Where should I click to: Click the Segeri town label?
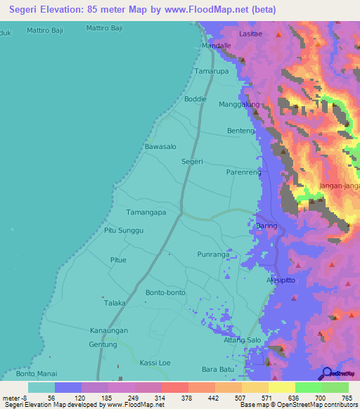192,162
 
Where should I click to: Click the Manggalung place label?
240,105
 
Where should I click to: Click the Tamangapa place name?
146,212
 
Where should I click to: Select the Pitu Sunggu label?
124,231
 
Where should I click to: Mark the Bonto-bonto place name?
164,292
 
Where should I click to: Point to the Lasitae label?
250,34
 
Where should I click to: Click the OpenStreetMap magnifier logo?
327,373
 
